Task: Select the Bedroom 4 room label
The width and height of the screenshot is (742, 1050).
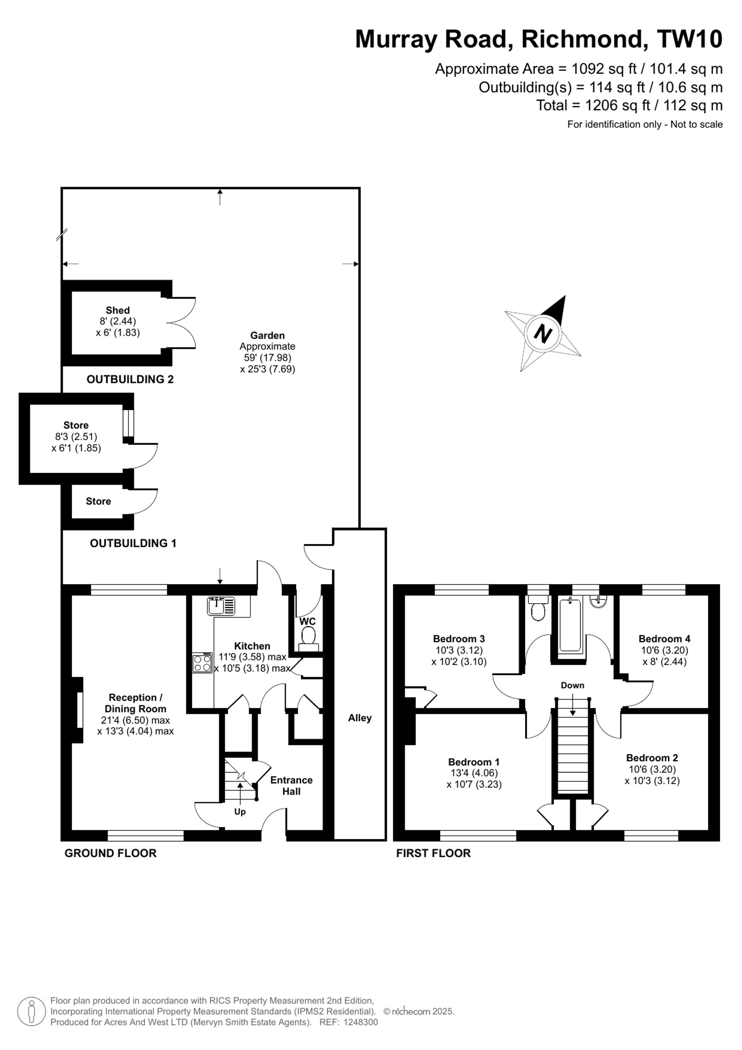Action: coord(664,639)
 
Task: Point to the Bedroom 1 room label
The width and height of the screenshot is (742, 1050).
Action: coord(474,762)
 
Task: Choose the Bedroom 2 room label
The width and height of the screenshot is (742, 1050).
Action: coord(652,758)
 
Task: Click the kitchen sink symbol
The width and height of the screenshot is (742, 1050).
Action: coord(221,606)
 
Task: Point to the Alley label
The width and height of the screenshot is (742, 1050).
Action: coord(359,718)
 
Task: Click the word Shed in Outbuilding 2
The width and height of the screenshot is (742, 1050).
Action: coord(118,310)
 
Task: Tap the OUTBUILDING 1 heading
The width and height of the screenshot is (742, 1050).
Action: coord(133,543)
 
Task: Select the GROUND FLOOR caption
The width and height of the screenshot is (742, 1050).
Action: coord(111,853)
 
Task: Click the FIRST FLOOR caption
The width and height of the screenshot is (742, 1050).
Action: coord(433,853)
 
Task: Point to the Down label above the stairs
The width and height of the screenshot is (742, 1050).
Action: coord(572,685)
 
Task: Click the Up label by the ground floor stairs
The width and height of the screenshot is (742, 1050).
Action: coord(240,811)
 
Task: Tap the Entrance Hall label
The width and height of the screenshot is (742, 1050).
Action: coord(292,786)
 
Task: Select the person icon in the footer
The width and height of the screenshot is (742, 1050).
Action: coord(32,1011)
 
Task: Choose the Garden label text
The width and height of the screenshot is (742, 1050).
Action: coord(267,335)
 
